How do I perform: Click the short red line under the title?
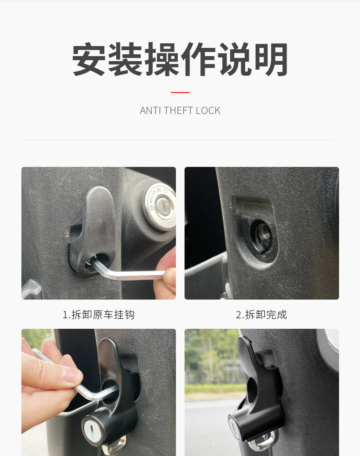tap(180, 93)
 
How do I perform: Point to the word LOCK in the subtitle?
tap(208, 110)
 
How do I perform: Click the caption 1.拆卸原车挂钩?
tap(98, 315)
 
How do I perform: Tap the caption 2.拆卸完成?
tap(262, 315)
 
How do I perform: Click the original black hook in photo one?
tap(93, 230)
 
